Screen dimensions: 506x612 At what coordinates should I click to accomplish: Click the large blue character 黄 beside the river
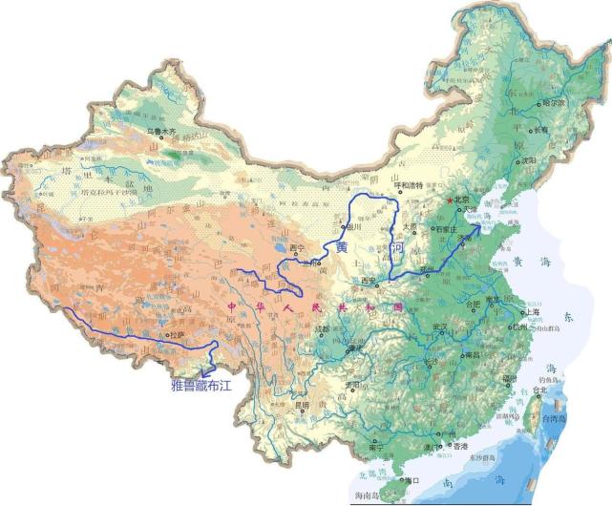click(341, 246)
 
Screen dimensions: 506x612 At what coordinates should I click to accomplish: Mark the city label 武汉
click(440, 327)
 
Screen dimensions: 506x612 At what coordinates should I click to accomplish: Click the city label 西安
click(369, 281)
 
